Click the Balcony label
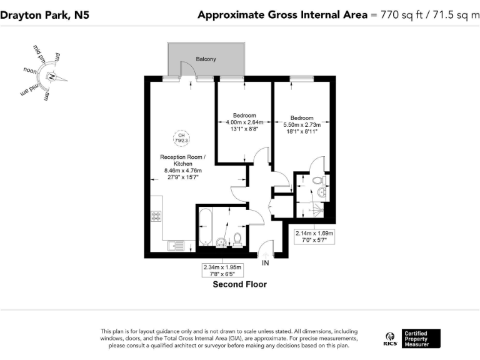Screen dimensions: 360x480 (x=206, y=59)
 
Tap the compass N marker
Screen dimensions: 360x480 (x=52, y=77)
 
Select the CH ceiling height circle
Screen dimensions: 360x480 (x=181, y=137)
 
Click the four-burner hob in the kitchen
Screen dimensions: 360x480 (x=156, y=216)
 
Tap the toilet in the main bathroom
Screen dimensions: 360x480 (x=237, y=239)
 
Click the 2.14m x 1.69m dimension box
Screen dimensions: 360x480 (x=314, y=236)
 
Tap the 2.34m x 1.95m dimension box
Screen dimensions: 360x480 (x=222, y=269)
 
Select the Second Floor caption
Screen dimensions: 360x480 (x=240, y=284)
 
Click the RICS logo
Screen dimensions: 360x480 (x=389, y=338)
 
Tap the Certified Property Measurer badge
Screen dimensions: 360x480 (x=420, y=338)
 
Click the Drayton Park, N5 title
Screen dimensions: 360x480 (x=44, y=14)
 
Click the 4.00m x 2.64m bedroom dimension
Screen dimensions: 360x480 (x=244, y=126)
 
